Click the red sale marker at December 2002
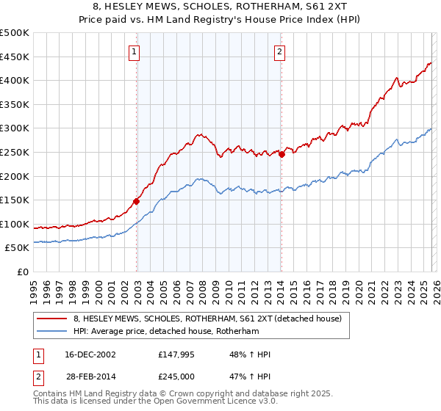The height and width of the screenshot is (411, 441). point(137,201)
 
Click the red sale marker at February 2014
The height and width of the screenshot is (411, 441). point(282,154)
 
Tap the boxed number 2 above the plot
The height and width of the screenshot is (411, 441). point(281,51)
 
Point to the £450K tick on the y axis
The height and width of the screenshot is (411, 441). point(15,57)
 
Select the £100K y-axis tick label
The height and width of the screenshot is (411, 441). point(15,224)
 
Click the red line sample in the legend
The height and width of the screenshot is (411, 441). point(52,319)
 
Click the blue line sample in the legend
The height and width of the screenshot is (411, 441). point(52,331)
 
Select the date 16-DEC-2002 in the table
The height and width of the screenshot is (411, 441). point(90,354)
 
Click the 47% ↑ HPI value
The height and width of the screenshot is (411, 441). point(249,376)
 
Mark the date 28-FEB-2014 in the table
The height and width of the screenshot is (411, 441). point(90,376)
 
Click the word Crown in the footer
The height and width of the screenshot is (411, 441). point(199,395)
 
